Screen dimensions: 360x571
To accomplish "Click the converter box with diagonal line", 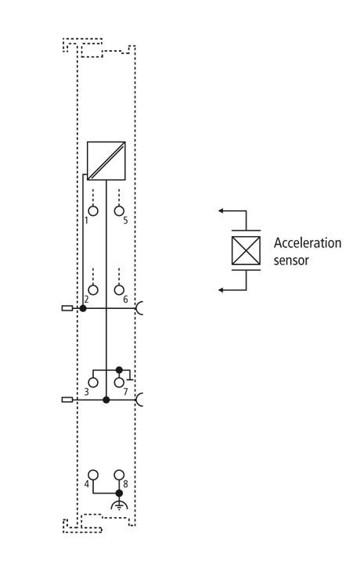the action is (x=106, y=161).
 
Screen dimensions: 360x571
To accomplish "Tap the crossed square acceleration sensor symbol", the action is (x=246, y=250).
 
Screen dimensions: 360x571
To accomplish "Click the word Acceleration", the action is (x=308, y=243).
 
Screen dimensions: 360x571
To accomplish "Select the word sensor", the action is (x=291, y=260).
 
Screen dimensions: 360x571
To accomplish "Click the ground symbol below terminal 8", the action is (x=119, y=505).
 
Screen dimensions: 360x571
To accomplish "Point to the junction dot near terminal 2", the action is (x=83, y=308).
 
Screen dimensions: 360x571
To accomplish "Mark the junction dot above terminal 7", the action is (x=119, y=370).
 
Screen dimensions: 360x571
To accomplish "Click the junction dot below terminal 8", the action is (x=119, y=493).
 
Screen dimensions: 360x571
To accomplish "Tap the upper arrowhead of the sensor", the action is (x=221, y=210).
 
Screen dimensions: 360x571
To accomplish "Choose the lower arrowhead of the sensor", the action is (x=221, y=290).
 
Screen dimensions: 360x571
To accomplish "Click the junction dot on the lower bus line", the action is (x=106, y=400).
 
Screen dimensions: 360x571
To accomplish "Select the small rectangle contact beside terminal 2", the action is (x=67, y=308).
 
